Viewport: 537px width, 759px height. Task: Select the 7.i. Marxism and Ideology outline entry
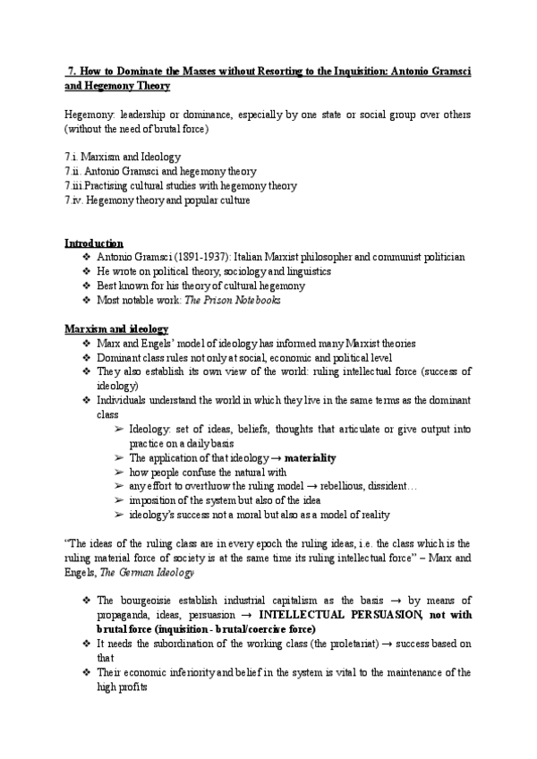[x=123, y=157]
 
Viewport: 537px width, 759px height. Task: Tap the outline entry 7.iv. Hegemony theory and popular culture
[x=157, y=200]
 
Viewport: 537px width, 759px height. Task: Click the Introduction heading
[x=94, y=243]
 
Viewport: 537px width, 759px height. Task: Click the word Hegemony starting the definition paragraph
[x=87, y=115]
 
